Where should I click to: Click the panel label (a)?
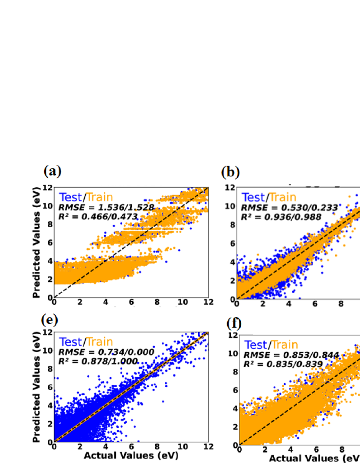pos(53,171)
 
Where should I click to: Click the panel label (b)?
pos(230,173)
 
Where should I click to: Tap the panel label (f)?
pos(234,324)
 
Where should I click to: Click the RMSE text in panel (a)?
pos(106,207)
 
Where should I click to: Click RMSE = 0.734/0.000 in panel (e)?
pos(106,352)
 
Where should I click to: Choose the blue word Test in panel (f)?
pos(256,345)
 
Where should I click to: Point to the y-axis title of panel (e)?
pos(37,387)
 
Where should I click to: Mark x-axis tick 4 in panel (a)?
pos(105,302)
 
